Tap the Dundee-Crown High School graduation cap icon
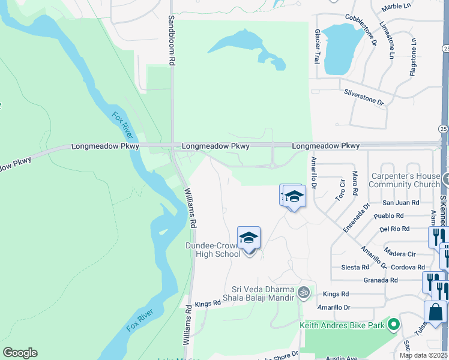click(249, 238)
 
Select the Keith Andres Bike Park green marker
click(394, 325)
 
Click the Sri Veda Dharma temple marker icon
click(304, 292)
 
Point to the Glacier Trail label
click(317, 47)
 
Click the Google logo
click(20, 353)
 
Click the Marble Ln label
click(396, 7)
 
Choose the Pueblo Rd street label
click(387, 215)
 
